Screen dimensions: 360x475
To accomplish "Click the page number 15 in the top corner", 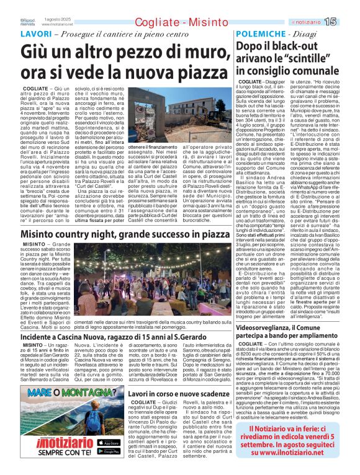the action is pyautogui.click(x=346, y=22).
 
